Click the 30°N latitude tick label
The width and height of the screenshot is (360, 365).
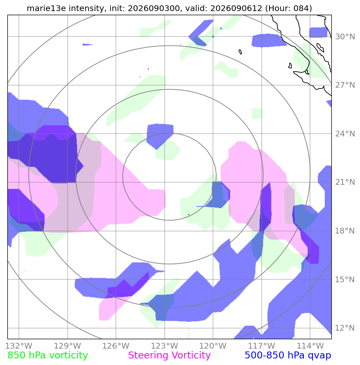(345, 36)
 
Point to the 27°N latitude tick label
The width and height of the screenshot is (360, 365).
(345, 85)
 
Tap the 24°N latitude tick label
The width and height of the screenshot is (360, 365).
(345, 134)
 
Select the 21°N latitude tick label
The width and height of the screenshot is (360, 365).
(345, 182)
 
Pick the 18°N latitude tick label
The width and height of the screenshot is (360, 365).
(345, 231)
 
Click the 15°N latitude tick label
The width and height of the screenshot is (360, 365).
(345, 279)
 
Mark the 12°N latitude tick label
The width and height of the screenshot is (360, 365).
(345, 328)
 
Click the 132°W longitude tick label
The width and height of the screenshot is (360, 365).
(19, 346)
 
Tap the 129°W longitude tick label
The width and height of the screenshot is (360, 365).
(68, 346)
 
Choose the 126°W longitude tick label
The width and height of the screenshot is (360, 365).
(116, 346)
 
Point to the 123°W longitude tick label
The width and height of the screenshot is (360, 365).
(165, 346)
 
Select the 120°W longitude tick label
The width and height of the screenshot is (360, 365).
(213, 346)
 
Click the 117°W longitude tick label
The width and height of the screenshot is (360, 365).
(262, 346)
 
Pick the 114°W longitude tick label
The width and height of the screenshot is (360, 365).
(310, 346)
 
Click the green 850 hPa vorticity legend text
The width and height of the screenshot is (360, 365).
(48, 356)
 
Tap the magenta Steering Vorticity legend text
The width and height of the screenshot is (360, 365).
(170, 356)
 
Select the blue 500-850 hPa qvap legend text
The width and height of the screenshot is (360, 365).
(288, 356)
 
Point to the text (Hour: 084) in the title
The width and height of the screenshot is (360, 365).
(289, 8)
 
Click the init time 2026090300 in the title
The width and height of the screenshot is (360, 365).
(154, 8)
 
